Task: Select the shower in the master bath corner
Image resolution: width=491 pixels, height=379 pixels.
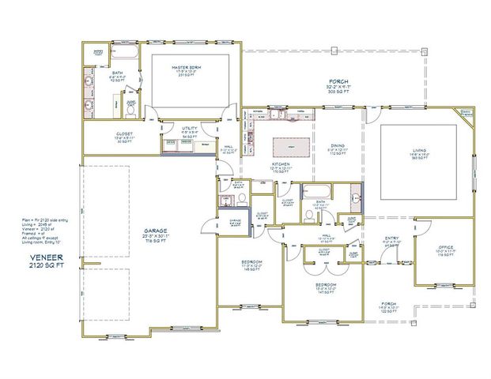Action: click(x=99, y=54)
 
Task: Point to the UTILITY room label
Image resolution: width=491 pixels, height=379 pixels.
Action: click(x=189, y=129)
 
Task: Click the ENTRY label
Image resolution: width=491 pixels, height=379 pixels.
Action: click(x=391, y=239)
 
